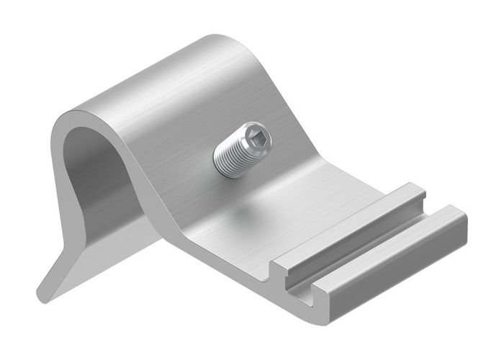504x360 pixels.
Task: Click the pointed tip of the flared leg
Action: click(x=42, y=294)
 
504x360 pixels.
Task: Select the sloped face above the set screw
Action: click(x=238, y=94)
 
